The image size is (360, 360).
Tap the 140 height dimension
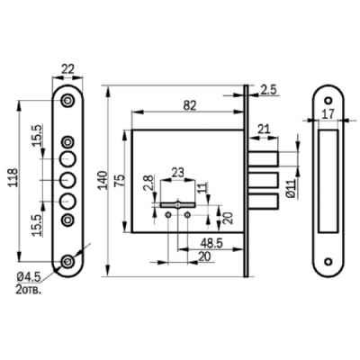click(103, 180)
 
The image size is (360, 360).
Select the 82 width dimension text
click(190, 105)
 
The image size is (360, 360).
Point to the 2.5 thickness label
click(268, 90)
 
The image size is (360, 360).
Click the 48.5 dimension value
click(211, 244)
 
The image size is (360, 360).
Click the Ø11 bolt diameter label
click(292, 189)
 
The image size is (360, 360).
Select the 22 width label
click(67, 69)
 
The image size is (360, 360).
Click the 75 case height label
click(119, 181)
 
